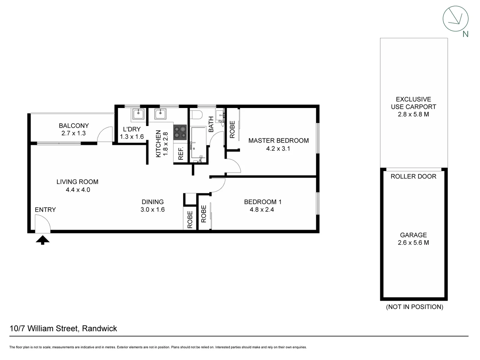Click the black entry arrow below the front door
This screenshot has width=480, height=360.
(42, 240)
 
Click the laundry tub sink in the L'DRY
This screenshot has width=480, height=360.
(138, 114)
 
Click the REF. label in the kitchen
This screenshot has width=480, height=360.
(181, 154)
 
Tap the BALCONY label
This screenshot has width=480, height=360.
(74, 126)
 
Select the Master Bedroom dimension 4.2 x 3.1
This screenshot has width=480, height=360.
(278, 149)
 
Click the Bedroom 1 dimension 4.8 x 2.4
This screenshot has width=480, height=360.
(262, 210)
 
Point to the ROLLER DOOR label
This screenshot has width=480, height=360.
(413, 177)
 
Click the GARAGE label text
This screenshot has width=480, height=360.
(413, 235)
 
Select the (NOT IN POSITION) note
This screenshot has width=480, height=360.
(414, 307)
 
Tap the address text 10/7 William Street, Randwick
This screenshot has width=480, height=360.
(63, 329)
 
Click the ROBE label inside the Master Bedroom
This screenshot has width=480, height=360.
(232, 130)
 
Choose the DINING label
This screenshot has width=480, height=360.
(153, 202)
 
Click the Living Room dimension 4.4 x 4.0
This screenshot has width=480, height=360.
(78, 190)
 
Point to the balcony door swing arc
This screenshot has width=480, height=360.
(105, 134)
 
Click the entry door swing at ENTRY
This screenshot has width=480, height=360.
(43, 223)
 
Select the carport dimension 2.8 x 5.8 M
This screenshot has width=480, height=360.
(413, 114)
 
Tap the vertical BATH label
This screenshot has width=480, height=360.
(211, 124)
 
